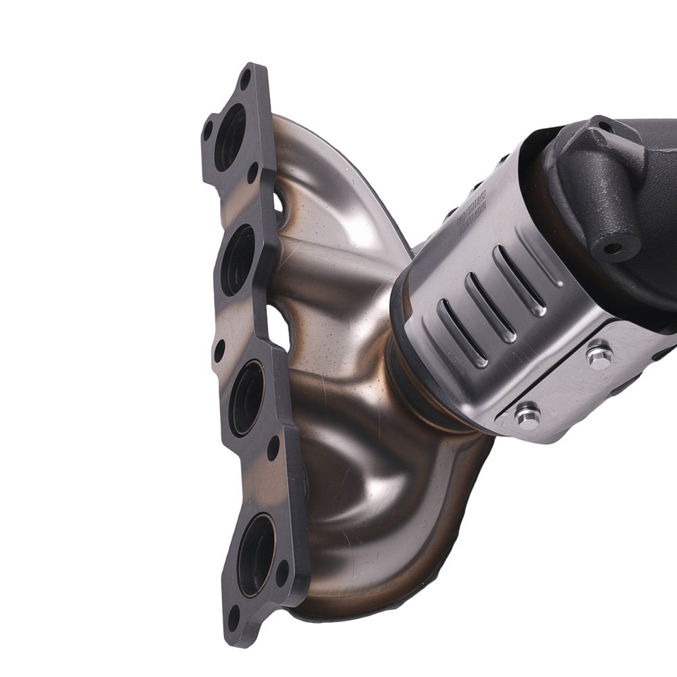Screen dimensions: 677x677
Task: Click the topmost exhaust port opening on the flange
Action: point(230,138)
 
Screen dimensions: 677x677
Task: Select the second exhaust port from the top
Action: point(238,261)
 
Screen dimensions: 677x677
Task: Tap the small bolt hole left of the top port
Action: point(207,130)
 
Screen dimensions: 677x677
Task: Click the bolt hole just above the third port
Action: point(219,351)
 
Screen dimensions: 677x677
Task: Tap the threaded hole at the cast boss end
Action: point(613,248)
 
